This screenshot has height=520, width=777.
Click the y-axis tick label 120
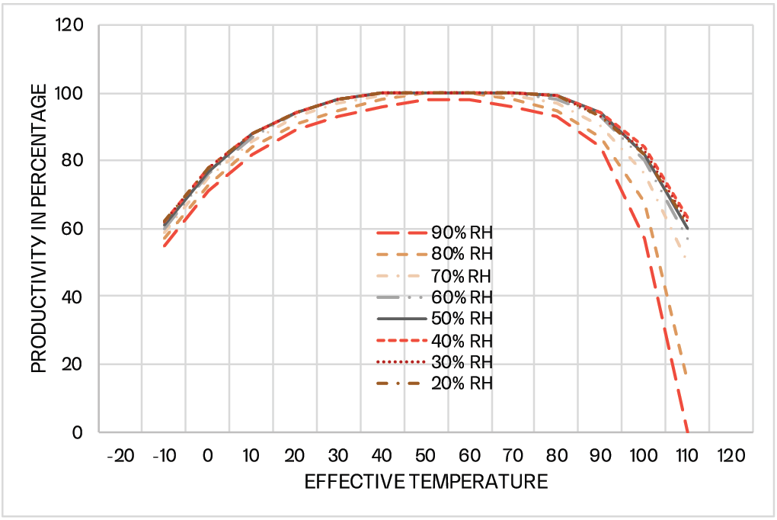coord(74,26)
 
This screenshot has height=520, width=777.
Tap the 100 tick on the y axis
coord(74,94)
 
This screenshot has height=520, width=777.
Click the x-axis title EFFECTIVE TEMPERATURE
coord(426,482)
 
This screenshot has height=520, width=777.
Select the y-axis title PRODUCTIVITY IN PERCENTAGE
coord(38,229)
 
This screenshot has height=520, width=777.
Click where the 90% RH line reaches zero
coord(687,432)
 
